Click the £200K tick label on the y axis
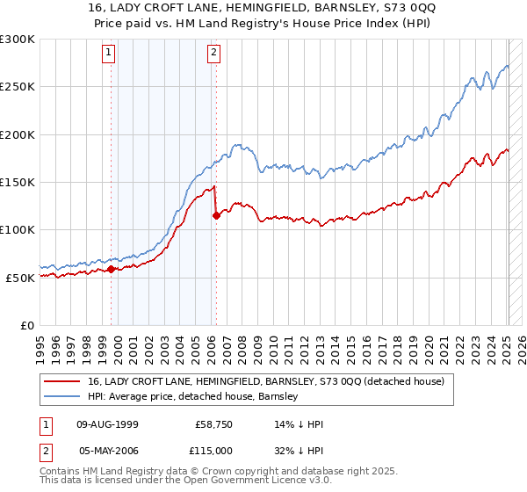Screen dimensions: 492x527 (x=18, y=135)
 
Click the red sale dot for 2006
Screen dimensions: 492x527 (x=216, y=216)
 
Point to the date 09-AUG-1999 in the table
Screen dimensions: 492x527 (x=108, y=424)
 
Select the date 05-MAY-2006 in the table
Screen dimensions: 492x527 (x=108, y=450)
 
